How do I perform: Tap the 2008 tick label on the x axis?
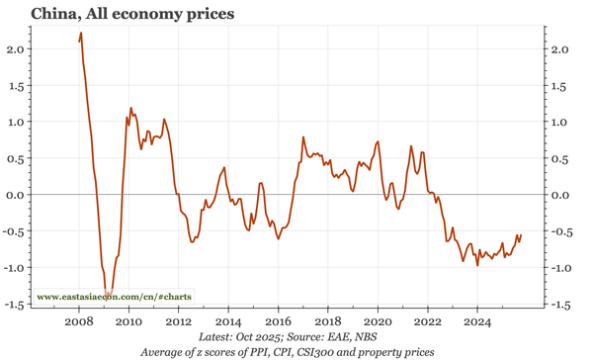(79, 321)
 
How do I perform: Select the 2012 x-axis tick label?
(179, 321)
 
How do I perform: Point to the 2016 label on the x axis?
(279, 321)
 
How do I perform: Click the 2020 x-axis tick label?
(379, 321)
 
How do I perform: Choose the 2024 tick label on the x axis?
(478, 321)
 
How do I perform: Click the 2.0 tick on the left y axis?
(16, 49)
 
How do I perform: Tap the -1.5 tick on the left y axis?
(14, 305)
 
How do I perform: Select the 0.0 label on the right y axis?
(559, 195)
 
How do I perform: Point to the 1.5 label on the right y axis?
(559, 86)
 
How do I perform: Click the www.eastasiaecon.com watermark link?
(114, 297)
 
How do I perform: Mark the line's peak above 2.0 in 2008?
(80, 34)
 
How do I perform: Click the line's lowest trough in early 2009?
(109, 294)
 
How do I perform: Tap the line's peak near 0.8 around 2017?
(303, 137)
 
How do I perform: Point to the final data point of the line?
(521, 235)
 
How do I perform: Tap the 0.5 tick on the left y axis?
(16, 158)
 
